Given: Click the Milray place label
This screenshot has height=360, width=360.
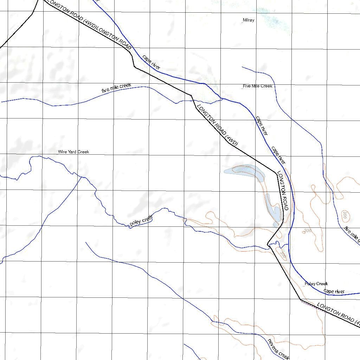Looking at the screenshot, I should point(248,20).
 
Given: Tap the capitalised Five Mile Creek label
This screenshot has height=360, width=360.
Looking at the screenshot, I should point(257,86).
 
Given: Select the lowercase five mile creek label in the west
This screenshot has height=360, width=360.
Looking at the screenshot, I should point(116,88).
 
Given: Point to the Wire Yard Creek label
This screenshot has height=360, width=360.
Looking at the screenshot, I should point(73,152).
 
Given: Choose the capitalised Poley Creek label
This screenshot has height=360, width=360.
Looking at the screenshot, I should point(316,284).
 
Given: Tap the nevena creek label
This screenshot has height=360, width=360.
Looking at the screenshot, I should point(278,349).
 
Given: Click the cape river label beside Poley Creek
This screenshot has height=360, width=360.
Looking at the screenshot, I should point(334,291).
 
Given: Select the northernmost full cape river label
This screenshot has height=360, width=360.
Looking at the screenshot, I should point(152,62).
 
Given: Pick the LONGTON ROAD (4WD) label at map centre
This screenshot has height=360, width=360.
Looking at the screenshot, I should point(217,125).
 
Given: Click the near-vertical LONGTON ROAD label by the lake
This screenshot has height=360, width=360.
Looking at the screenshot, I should point(283,191).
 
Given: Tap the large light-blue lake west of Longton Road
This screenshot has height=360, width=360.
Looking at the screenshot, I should point(246,171).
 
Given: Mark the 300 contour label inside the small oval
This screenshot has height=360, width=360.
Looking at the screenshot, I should point(345,215).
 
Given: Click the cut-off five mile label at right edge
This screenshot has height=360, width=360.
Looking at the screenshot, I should point(352,235).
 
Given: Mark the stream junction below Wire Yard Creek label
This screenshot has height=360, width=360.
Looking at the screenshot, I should point(82,177).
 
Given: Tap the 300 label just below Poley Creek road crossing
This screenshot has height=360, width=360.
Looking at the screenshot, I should point(283,254).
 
